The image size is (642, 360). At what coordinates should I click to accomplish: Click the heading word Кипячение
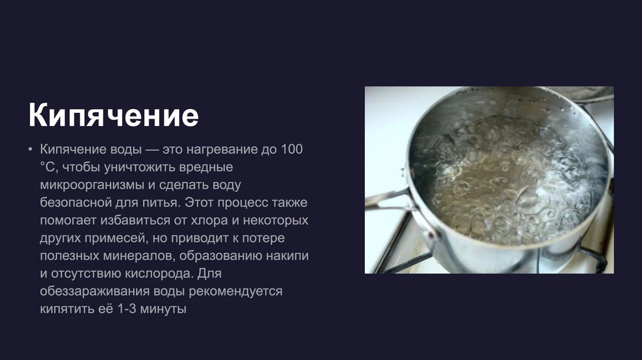[113, 116]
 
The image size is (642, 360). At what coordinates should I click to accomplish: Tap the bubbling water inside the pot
[508, 182]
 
